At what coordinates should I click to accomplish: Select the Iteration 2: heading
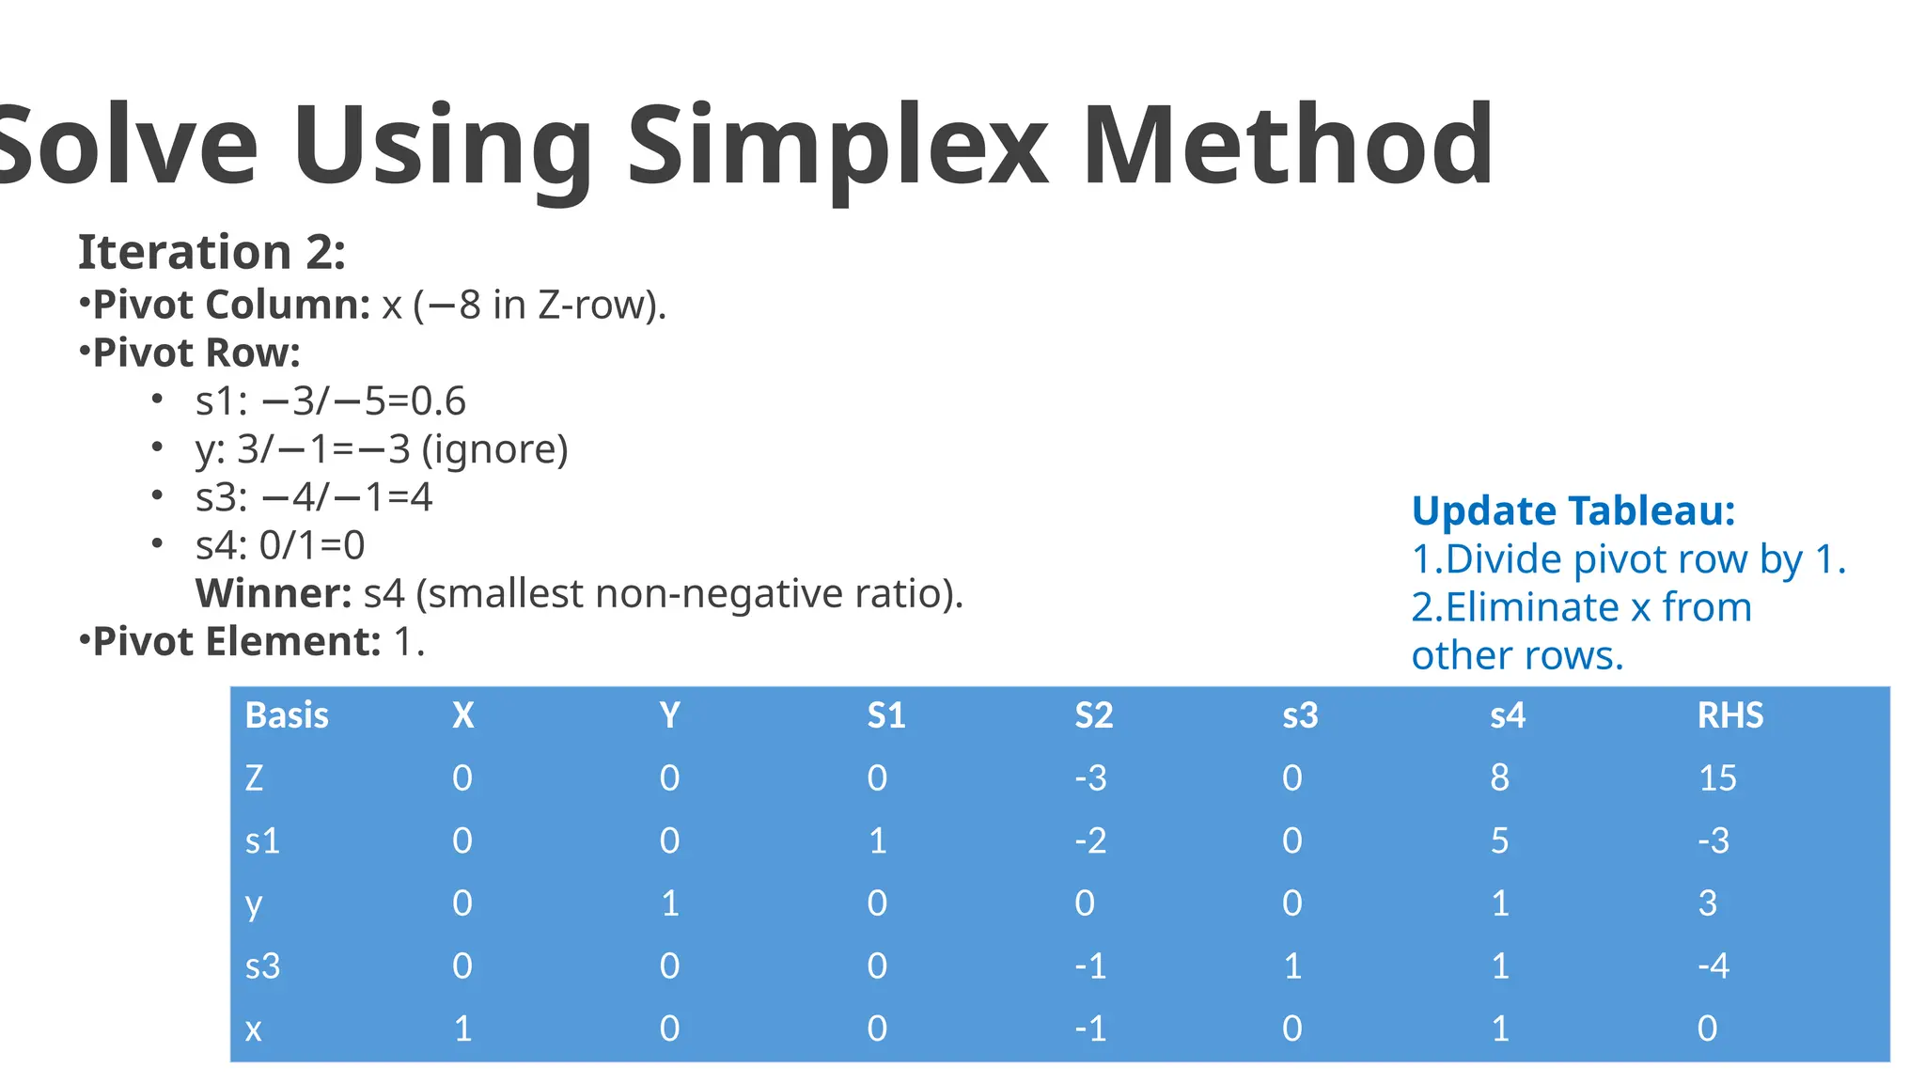pyautogui.click(x=211, y=252)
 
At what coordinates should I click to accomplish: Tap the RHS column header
pyautogui.click(x=1729, y=715)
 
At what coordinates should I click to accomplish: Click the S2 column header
pyautogui.click(x=1093, y=715)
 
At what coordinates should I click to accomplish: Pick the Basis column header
pyautogui.click(x=287, y=715)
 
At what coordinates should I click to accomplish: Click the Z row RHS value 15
pyautogui.click(x=1717, y=778)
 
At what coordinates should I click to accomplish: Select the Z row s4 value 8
pyautogui.click(x=1499, y=778)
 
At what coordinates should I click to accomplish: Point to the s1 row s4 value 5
pyautogui.click(x=1499, y=840)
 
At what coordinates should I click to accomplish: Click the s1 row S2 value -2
pyautogui.click(x=1090, y=840)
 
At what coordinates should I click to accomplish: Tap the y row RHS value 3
pyautogui.click(x=1707, y=903)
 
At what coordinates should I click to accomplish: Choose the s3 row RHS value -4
pyautogui.click(x=1713, y=965)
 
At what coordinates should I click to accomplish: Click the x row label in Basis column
pyautogui.click(x=253, y=1028)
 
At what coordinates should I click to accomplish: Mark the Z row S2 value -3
pyautogui.click(x=1090, y=778)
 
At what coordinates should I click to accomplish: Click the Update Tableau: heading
pyautogui.click(x=1573, y=511)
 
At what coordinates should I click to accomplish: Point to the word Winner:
pyautogui.click(x=273, y=593)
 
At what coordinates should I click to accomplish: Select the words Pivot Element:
pyautogui.click(x=237, y=642)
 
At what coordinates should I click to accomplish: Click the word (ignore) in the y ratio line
pyautogui.click(x=494, y=449)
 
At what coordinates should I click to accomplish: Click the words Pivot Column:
pyautogui.click(x=232, y=305)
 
